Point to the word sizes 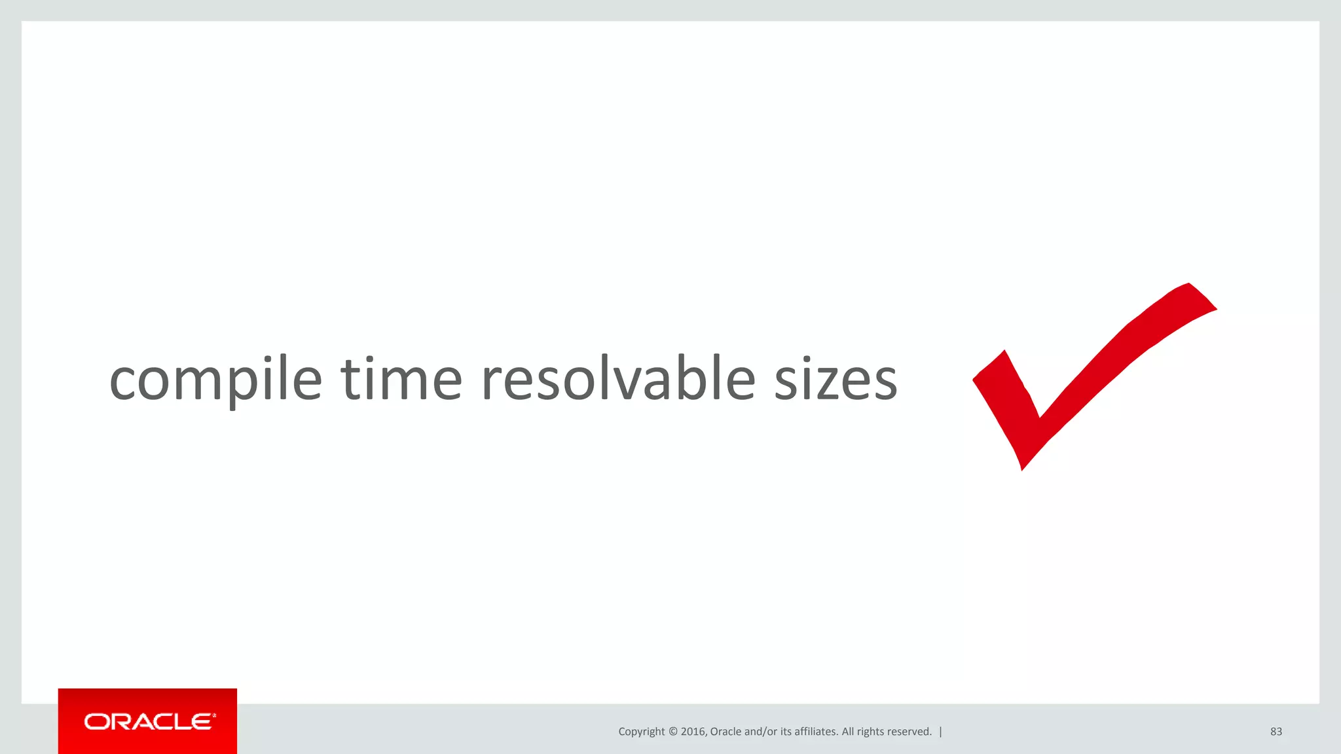(836, 381)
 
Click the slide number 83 (1276, 732)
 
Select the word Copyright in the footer (641, 732)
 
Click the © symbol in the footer (672, 732)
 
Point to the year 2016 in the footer (693, 732)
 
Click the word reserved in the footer (909, 732)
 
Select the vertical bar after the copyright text (941, 732)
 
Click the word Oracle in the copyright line (726, 732)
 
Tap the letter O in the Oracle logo (96, 722)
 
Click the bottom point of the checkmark (1022, 467)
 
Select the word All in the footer (848, 732)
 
